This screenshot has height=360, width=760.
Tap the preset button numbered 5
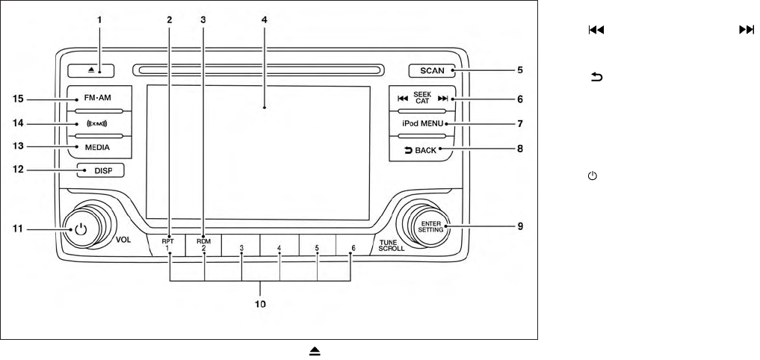click(317, 246)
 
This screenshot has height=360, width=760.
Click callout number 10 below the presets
click(261, 304)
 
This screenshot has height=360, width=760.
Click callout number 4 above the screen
click(265, 18)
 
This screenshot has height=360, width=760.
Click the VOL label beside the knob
click(124, 241)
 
